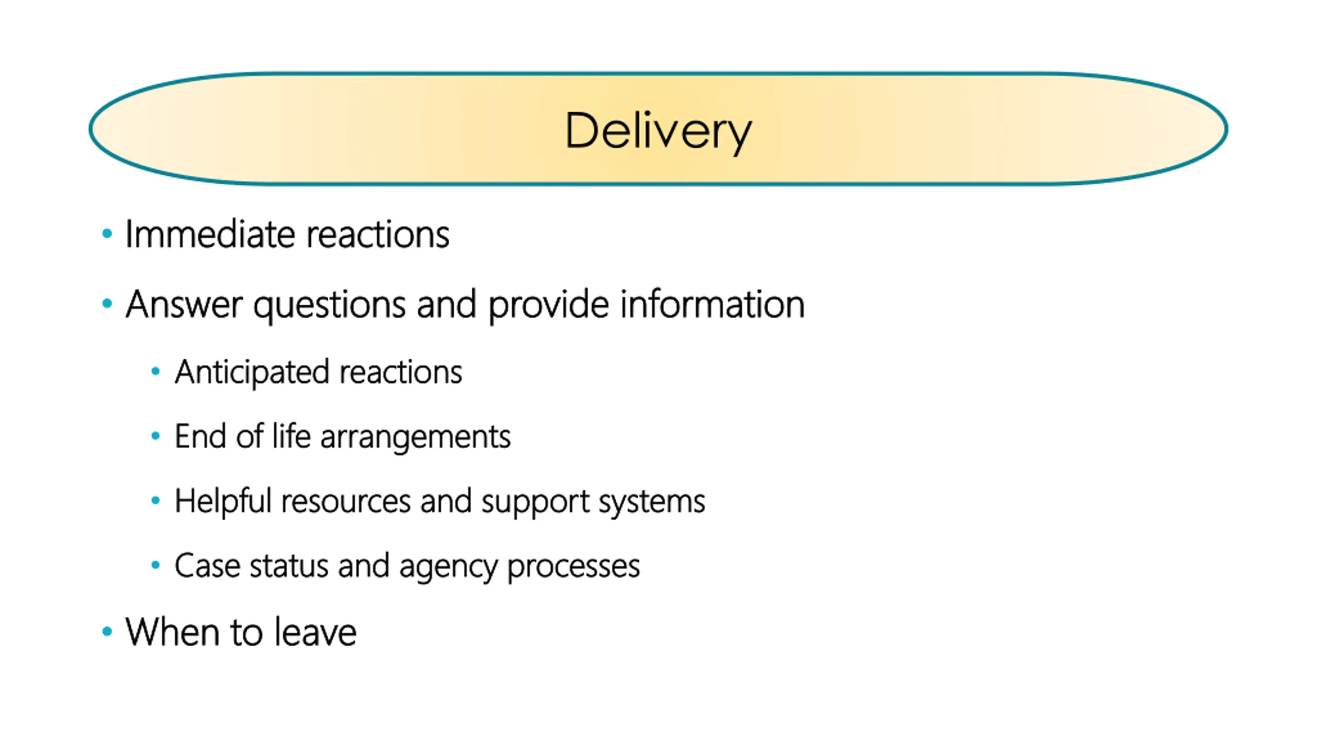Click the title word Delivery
tap(658, 132)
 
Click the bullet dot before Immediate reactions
tap(107, 234)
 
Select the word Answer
tap(184, 304)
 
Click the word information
tap(713, 304)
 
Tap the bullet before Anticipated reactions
tap(155, 372)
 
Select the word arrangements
tap(416, 438)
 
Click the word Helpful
tap(223, 501)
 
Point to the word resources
tap(346, 502)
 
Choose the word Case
tap(207, 566)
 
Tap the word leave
tap(315, 631)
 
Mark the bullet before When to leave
tap(107, 631)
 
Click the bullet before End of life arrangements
tap(155, 436)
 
